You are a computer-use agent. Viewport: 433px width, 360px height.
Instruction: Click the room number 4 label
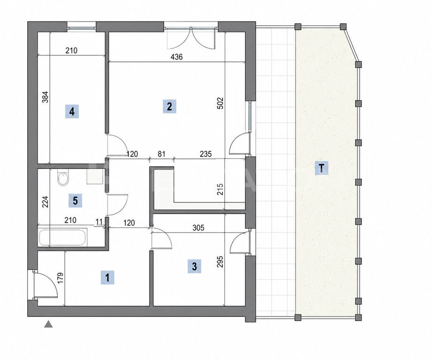pos(72,112)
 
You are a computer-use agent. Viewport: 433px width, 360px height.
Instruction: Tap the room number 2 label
pos(169,106)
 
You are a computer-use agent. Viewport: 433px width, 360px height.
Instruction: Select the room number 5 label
pos(75,201)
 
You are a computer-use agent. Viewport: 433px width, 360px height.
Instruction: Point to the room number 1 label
pos(108,277)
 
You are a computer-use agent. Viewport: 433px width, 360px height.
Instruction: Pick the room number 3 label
pos(194,266)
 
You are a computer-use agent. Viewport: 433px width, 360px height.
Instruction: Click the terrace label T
pos(321,168)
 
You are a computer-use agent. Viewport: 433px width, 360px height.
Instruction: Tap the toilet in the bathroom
pos(63,178)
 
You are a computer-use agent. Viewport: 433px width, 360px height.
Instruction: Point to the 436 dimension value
pos(176,57)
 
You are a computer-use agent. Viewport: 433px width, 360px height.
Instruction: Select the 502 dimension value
pos(220,103)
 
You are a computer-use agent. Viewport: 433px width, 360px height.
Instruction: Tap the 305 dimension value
pos(198,228)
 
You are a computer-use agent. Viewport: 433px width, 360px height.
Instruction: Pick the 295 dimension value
pos(220,262)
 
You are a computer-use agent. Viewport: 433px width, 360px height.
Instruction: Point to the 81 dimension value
pos(161,153)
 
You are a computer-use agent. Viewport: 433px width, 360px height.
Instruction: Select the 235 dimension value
pos(205,153)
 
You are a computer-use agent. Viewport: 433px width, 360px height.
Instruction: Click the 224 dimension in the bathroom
pos(46,202)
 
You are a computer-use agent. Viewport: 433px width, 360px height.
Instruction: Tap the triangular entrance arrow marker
pos(48,324)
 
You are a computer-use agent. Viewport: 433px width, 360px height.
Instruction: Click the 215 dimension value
pos(220,189)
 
